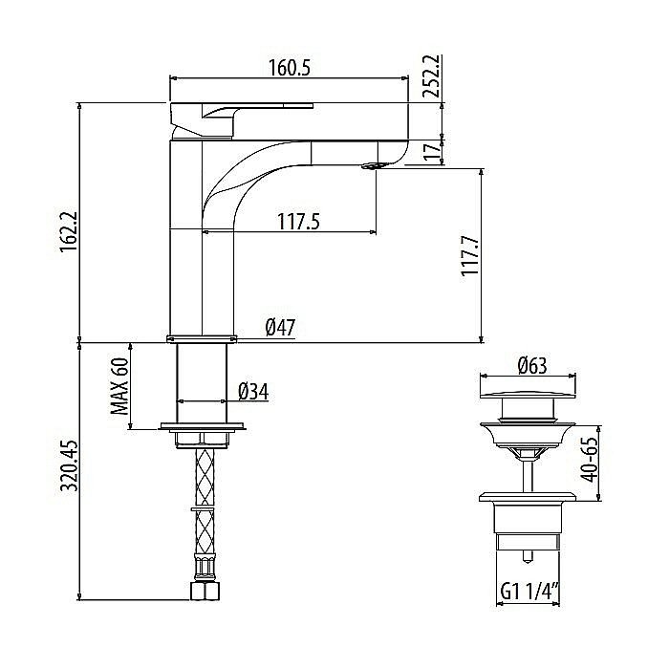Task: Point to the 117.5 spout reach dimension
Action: click(298, 221)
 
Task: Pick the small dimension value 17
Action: click(431, 149)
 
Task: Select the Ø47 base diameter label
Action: click(280, 328)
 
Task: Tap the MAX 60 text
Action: click(119, 387)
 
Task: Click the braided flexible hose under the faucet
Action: click(203, 478)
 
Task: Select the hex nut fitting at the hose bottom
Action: click(203, 592)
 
